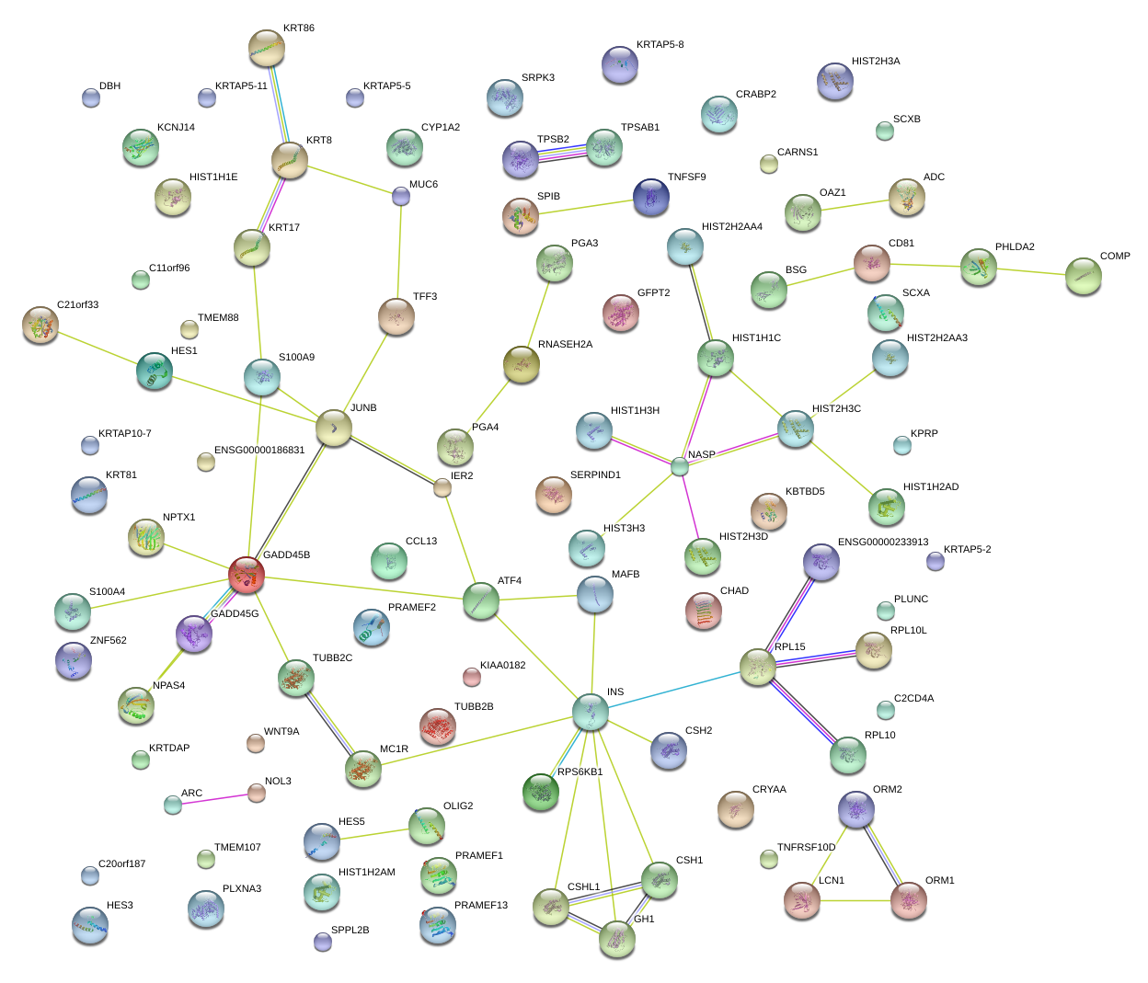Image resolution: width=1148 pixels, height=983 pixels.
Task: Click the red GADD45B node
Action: (x=247, y=575)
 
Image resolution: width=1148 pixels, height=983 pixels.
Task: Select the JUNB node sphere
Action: (x=334, y=428)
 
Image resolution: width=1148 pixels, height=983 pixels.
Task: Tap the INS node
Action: (x=590, y=711)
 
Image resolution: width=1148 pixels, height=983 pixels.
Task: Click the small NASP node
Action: (x=679, y=466)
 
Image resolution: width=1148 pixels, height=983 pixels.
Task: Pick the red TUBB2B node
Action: (x=438, y=726)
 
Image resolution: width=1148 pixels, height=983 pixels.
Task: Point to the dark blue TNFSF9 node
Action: (x=651, y=196)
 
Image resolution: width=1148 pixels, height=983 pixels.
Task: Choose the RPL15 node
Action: (x=758, y=667)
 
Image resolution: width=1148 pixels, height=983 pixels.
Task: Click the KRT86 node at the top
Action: (x=267, y=48)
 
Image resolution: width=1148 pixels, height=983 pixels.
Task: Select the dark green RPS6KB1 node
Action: (x=541, y=792)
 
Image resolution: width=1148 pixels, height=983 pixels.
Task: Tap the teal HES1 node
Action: (x=155, y=371)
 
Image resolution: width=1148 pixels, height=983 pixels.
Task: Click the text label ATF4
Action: (x=510, y=581)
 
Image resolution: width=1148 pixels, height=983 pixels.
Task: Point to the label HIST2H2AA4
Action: (x=731, y=227)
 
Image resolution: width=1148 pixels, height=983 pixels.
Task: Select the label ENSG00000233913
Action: (x=882, y=543)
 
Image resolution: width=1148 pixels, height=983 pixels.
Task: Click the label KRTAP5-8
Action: (x=660, y=45)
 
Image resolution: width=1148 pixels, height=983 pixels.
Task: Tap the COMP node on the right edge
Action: (x=1084, y=276)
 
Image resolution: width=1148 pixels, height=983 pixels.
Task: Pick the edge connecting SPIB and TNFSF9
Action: (x=586, y=207)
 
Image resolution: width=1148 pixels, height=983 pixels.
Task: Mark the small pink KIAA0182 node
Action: (x=471, y=678)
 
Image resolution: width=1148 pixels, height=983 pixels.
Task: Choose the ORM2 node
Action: (x=856, y=809)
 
